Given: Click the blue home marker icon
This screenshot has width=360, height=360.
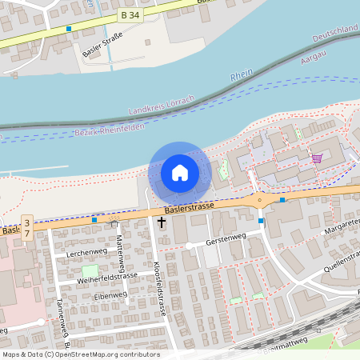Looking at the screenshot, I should click(x=179, y=172).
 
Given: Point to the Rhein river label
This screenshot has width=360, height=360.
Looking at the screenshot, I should click(x=242, y=76).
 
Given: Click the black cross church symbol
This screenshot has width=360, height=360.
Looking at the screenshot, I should click(x=162, y=222).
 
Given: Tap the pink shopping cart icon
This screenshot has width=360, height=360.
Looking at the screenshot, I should click(x=317, y=158).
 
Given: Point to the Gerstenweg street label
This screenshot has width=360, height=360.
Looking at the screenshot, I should click(x=224, y=240).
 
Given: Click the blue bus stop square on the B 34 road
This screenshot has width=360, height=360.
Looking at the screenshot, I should click(x=69, y=29).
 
